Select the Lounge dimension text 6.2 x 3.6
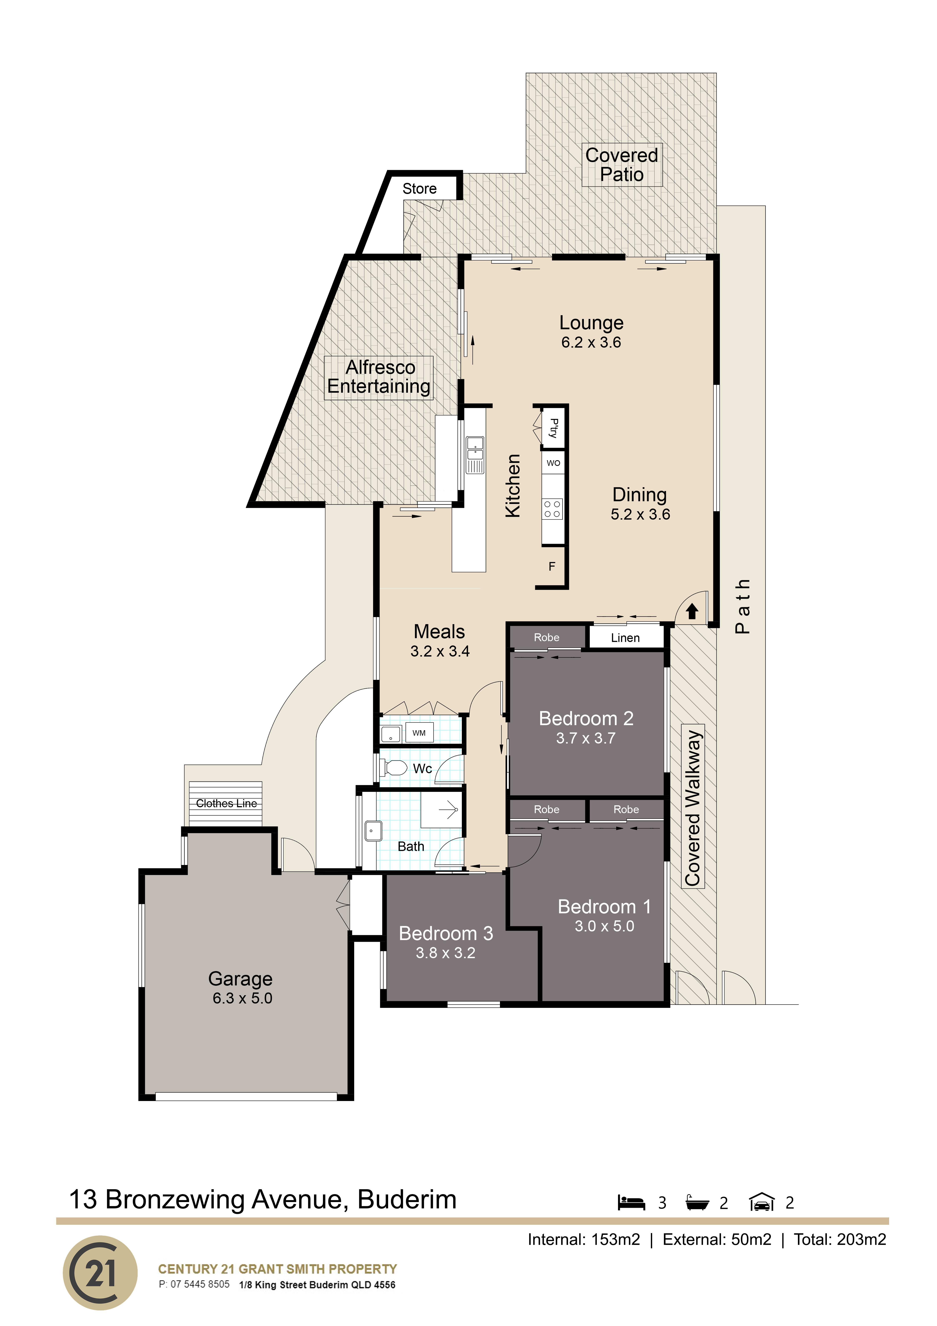click(591, 342)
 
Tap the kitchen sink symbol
click(475, 449)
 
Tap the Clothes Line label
click(226, 803)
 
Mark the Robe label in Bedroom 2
click(546, 638)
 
